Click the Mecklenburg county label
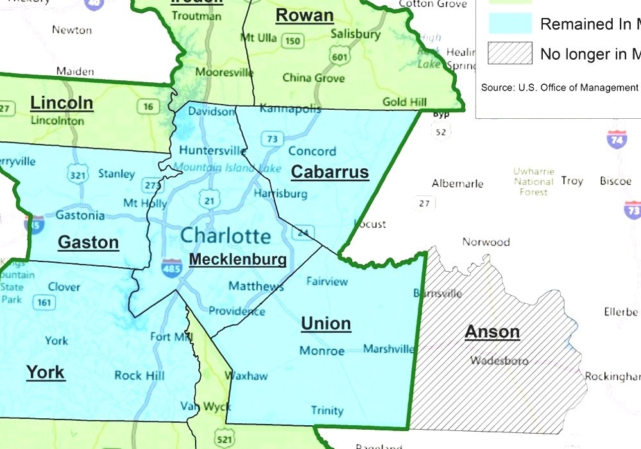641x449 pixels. click(237, 260)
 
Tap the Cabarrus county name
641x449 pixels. click(330, 172)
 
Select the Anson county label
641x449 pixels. click(492, 331)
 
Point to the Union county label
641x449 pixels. click(326, 323)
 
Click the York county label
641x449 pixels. click(46, 371)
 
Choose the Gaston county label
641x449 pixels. click(89, 242)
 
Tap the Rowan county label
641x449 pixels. click(304, 15)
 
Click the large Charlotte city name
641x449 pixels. click(225, 235)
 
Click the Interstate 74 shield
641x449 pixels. click(617, 138)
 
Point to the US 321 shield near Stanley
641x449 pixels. click(78, 174)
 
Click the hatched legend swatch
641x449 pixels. click(510, 53)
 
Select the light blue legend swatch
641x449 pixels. click(510, 24)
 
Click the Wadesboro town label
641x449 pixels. click(499, 360)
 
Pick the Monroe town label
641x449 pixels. click(322, 351)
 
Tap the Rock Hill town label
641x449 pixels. click(139, 376)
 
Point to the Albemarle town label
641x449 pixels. click(457, 184)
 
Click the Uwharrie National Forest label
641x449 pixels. click(533, 182)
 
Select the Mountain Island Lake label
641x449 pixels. click(227, 168)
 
